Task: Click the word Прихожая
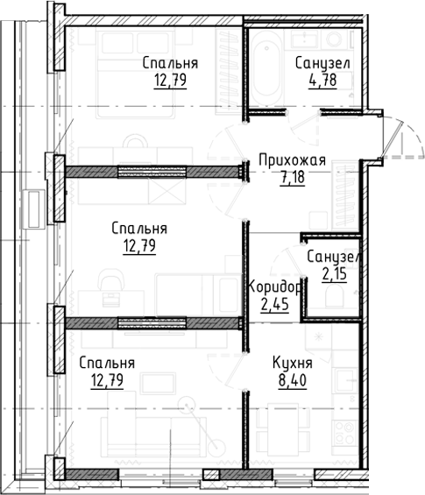click(x=292, y=160)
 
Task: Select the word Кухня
click(x=294, y=364)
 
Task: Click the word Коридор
click(x=274, y=287)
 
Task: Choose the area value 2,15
click(x=333, y=273)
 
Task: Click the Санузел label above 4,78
click(x=322, y=64)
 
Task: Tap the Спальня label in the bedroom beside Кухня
click(x=106, y=364)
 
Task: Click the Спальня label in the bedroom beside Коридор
click(x=139, y=229)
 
